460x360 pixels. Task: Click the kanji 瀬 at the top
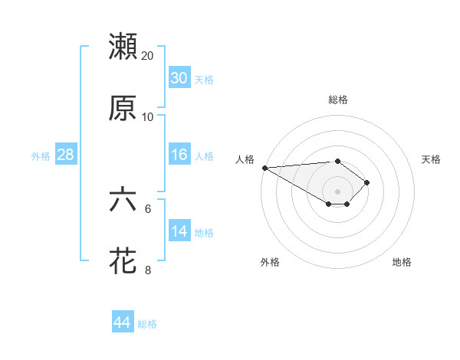(123, 47)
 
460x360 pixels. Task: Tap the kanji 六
(123, 200)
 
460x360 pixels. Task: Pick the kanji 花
(123, 261)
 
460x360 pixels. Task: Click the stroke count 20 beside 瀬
(148, 56)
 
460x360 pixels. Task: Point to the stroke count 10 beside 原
(148, 117)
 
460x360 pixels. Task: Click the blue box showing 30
(179, 78)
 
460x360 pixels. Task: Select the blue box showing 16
(179, 155)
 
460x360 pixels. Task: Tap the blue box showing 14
(179, 231)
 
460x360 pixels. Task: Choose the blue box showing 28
(65, 155)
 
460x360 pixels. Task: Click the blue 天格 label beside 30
(203, 80)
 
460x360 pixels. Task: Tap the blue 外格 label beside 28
(41, 156)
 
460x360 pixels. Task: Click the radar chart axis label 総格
(337, 100)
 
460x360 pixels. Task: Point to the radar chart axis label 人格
(245, 159)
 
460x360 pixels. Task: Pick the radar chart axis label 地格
(402, 263)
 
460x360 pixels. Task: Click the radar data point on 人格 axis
(264, 168)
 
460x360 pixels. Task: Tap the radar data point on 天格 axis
(368, 182)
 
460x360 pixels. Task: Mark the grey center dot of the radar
(337, 191)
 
